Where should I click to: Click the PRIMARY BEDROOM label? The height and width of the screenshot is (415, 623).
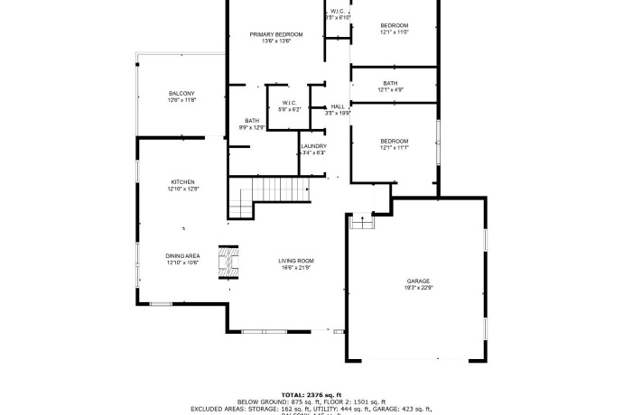click(x=275, y=34)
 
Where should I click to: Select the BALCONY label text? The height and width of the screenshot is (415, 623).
click(x=181, y=94)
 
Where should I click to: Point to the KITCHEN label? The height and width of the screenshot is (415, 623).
click(x=182, y=182)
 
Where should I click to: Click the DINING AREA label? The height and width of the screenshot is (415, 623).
click(x=182, y=255)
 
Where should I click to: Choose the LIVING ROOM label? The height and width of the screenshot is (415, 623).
click(x=296, y=261)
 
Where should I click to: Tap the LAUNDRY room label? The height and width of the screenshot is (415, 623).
click(x=313, y=146)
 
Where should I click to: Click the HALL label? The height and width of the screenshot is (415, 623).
click(x=338, y=106)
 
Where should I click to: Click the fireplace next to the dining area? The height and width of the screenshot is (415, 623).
click(x=227, y=263)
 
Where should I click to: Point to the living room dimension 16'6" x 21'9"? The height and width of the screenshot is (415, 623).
click(x=296, y=268)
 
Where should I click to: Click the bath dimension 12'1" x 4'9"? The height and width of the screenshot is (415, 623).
click(x=390, y=89)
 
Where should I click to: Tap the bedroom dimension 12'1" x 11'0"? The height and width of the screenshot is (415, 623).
click(x=394, y=32)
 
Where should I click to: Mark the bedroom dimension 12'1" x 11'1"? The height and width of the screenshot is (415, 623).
click(x=395, y=148)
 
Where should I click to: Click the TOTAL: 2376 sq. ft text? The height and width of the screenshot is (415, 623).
click(x=311, y=394)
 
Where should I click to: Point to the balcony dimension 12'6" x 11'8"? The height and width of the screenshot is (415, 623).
click(x=181, y=101)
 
